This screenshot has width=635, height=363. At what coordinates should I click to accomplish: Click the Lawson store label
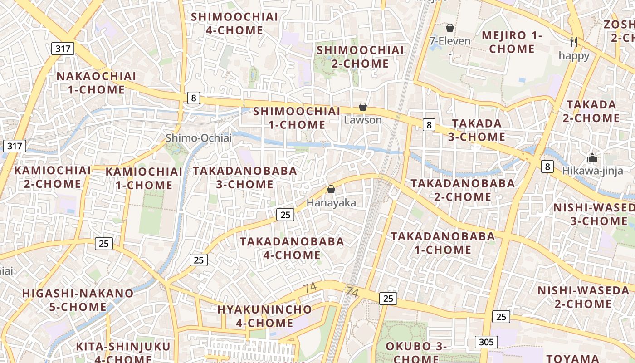click(x=363, y=120)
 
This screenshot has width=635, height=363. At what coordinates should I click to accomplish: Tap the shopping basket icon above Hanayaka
click(x=331, y=189)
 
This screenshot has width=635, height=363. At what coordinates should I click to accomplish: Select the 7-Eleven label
click(x=450, y=41)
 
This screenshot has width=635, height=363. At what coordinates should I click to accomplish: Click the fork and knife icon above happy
click(x=574, y=42)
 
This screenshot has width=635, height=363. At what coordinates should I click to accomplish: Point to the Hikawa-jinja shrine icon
click(x=592, y=158)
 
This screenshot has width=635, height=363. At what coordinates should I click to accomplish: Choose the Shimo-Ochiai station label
click(x=198, y=138)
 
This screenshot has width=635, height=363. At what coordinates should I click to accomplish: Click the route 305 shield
click(x=487, y=342)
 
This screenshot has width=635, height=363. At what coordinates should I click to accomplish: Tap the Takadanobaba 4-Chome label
click(x=292, y=248)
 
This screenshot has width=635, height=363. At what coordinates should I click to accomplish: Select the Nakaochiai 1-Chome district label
click(x=96, y=83)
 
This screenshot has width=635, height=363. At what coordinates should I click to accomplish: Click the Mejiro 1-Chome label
click(x=512, y=42)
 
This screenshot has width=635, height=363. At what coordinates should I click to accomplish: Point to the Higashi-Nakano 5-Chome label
click(x=78, y=300)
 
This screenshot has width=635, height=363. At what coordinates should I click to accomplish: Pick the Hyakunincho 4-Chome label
click(x=264, y=316)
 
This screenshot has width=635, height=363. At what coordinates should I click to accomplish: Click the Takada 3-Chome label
click(x=477, y=130)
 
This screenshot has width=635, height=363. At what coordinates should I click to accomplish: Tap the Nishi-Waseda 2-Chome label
click(x=583, y=297)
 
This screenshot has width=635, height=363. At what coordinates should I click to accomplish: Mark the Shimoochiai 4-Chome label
click(x=234, y=24)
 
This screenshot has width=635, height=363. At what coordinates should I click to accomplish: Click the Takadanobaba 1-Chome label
click(x=443, y=243)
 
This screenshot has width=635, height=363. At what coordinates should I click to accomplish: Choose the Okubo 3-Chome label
click(x=416, y=352)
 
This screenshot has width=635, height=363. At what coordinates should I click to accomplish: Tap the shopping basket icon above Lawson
click(x=363, y=107)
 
